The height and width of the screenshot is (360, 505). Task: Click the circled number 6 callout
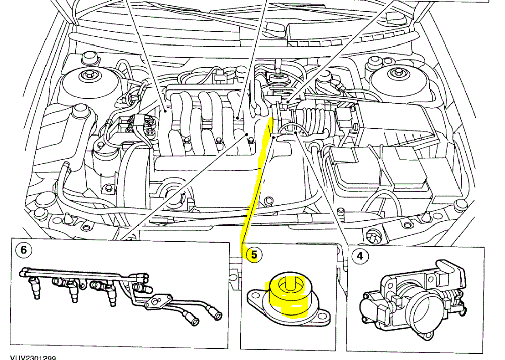pos(23,250)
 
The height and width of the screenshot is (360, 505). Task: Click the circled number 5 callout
pos(254,255)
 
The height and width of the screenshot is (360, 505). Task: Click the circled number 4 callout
pos(360,256)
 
